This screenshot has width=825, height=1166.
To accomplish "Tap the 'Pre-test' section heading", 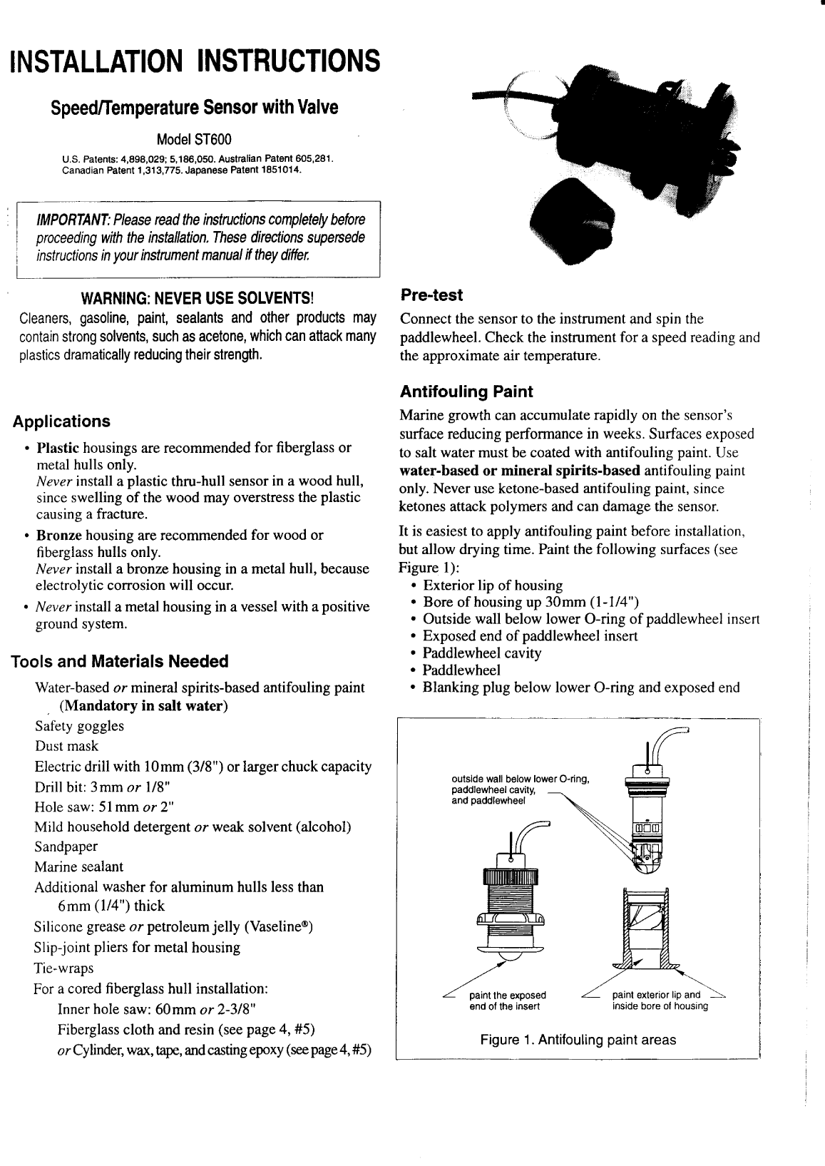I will (431, 295).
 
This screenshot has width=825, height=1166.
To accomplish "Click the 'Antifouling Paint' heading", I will (466, 392).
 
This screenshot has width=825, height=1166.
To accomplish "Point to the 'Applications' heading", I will (62, 421).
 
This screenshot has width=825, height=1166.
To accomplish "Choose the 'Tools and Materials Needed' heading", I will (120, 661).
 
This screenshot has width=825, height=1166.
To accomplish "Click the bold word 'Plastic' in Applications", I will (58, 448).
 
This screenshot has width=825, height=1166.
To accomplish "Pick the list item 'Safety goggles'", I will (79, 726).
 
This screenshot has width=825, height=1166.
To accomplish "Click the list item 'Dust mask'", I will (66, 747).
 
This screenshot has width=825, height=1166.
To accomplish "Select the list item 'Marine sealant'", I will (78, 866).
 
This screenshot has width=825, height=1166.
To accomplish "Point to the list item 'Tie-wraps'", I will (63, 968).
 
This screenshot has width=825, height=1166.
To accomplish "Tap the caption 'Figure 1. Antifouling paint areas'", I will (578, 1040).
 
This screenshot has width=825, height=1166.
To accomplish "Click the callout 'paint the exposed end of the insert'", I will (508, 1001).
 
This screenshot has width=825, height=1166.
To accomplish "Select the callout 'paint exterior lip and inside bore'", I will (660, 1001).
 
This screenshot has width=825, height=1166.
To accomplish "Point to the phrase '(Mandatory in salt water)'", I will (143, 706).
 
